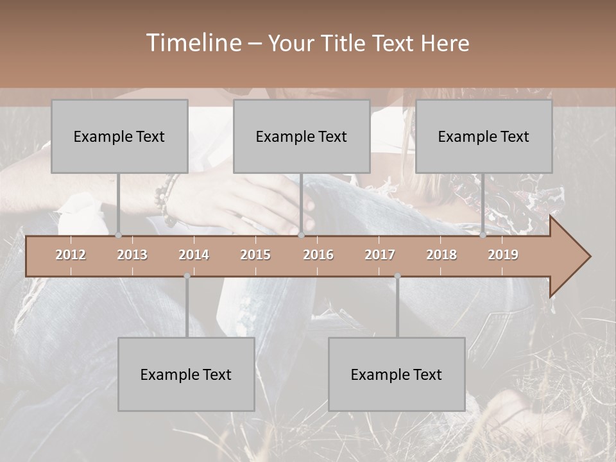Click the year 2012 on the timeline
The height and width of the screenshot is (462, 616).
click(71, 255)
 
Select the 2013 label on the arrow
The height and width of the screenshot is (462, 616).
click(132, 255)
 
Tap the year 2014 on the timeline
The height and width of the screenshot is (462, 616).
click(194, 255)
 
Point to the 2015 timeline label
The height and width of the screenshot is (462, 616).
click(255, 255)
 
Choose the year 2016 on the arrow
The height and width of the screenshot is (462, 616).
click(318, 255)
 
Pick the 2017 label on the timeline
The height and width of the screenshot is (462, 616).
click(380, 255)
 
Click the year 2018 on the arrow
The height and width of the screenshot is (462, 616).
click(441, 255)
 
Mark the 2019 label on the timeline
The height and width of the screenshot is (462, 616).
click(503, 255)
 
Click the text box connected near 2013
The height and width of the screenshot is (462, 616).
click(119, 136)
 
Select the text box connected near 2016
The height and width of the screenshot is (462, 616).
click(302, 136)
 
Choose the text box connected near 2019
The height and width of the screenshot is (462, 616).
click(484, 136)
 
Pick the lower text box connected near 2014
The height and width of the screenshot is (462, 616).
click(186, 374)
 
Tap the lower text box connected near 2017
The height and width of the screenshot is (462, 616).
click(397, 374)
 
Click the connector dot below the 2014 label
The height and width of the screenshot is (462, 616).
click(187, 276)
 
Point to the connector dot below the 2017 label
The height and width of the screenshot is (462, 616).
click(397, 276)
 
